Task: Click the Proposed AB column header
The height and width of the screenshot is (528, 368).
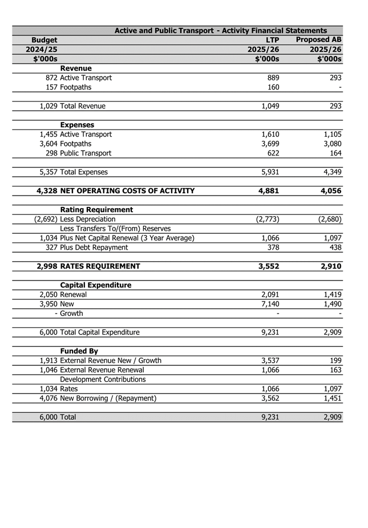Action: [x=318, y=40]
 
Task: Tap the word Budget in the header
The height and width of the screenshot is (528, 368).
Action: [x=45, y=40]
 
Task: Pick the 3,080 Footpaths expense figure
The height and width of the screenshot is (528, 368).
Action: [x=330, y=144]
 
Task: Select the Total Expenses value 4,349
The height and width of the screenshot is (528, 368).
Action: [x=330, y=172]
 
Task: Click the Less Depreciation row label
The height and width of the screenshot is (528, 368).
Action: [x=87, y=219]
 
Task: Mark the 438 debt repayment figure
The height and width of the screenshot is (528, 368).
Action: [x=334, y=247]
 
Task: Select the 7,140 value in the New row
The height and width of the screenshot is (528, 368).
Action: [x=268, y=304]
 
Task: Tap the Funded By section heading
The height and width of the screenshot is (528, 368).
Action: [x=79, y=351]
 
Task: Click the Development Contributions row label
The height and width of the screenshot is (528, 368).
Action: [x=103, y=379]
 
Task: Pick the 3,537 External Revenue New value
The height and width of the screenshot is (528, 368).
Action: [x=268, y=360]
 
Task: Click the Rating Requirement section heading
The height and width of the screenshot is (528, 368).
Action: [x=96, y=210]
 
